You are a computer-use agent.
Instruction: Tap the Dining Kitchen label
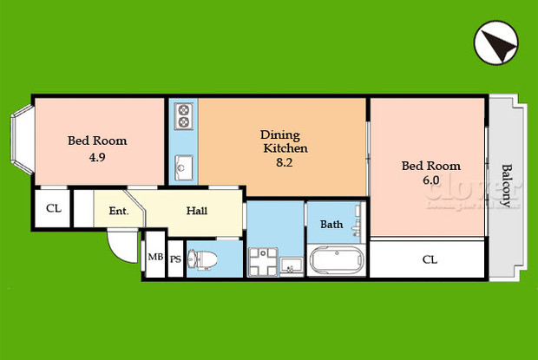point(280,141)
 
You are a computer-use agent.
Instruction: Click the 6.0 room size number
point(430,180)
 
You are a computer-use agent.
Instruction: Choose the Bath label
point(331,225)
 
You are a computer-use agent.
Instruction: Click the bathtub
point(337,261)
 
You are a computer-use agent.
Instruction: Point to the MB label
point(154,257)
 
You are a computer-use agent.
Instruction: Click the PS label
point(175,259)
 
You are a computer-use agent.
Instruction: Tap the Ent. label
point(119,211)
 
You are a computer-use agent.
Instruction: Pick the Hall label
point(197,210)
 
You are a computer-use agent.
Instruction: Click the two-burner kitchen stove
point(183,115)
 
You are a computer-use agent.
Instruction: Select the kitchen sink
point(183,162)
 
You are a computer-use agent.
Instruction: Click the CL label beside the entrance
point(53,208)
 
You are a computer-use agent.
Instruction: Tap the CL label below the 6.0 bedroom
point(429,259)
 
